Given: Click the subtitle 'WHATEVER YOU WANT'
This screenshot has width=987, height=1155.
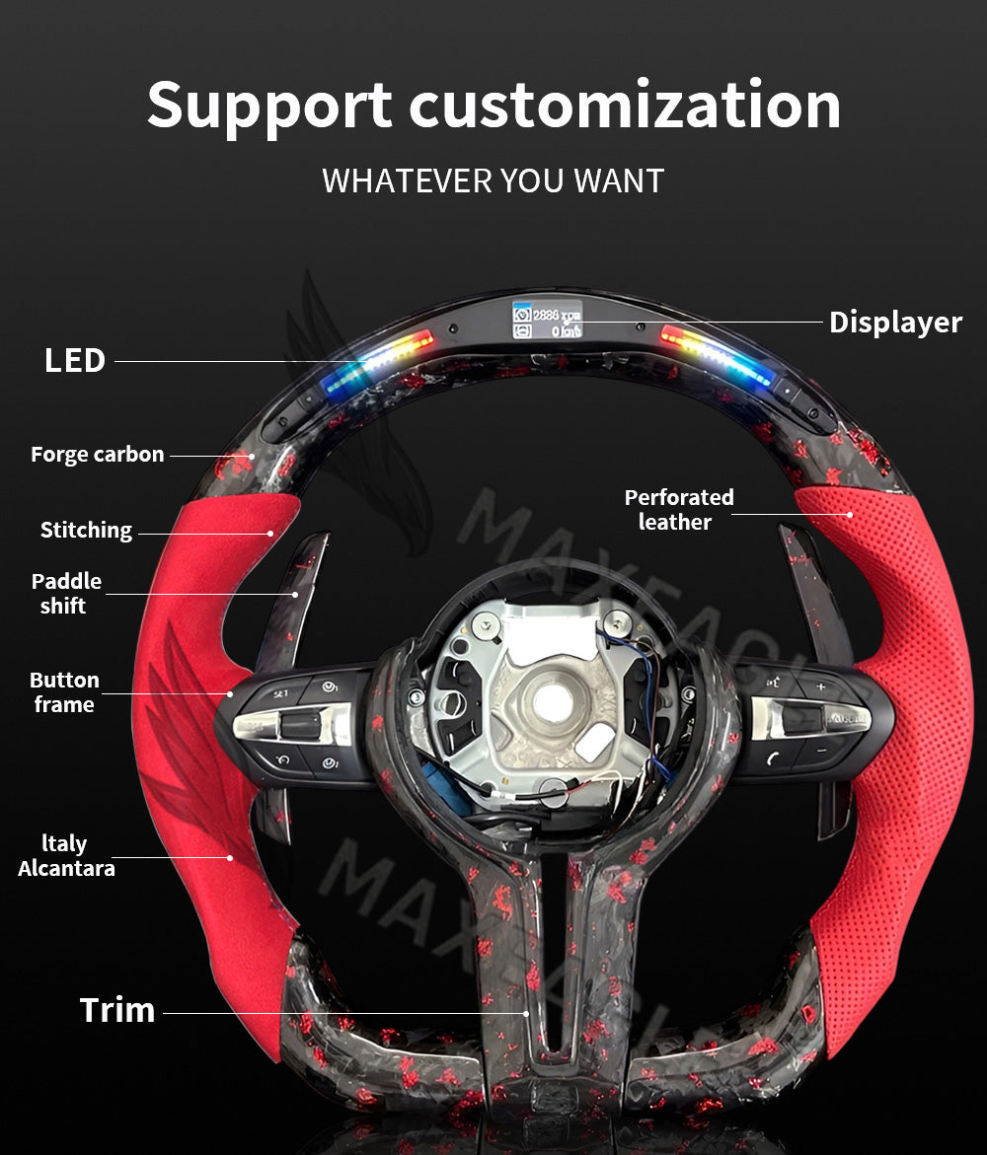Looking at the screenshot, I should click(493, 180).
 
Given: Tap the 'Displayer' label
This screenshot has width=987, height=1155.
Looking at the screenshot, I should click(894, 322).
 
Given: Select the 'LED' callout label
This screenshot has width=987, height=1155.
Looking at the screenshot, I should click(75, 360).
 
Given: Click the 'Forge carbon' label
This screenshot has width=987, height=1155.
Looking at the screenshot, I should click(97, 455).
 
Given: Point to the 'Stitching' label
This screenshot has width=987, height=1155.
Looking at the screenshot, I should click(86, 530).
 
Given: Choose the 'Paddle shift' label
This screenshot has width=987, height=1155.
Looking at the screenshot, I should click(65, 593).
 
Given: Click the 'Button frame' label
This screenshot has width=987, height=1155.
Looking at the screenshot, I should click(64, 691).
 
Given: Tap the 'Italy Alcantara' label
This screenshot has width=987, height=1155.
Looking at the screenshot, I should click(66, 855).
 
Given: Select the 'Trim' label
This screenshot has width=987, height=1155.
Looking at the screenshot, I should click(117, 1010).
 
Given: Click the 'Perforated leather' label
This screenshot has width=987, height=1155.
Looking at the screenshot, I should click(679, 509).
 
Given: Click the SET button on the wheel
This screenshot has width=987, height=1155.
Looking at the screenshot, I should click(281, 693).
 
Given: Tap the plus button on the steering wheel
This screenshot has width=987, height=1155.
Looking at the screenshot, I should click(819, 686).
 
